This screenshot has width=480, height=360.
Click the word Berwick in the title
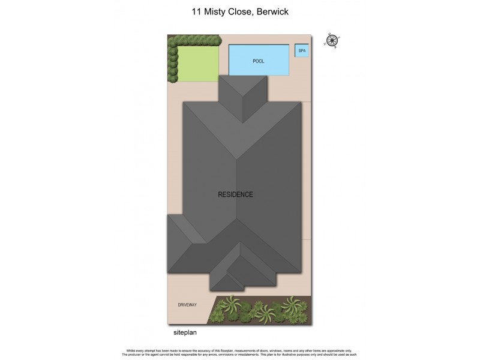274,11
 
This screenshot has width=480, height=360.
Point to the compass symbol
331,40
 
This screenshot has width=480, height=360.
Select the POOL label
259,61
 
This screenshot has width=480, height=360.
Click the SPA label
302,51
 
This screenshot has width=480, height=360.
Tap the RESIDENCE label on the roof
235,194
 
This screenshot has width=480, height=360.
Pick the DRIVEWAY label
187,305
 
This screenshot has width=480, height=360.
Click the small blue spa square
302,51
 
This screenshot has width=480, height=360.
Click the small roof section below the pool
242,96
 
